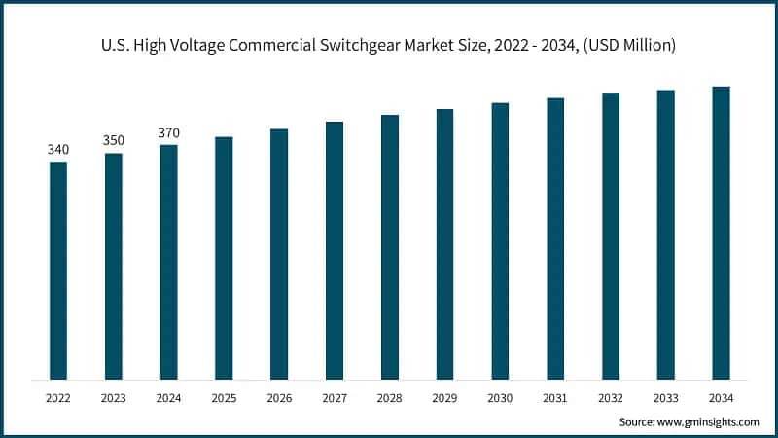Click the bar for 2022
click(x=58, y=270)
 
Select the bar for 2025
click(x=224, y=258)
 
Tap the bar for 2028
click(x=390, y=247)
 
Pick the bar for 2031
click(x=555, y=238)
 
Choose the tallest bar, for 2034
click(x=721, y=233)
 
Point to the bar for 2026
click(x=279, y=254)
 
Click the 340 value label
click(x=58, y=149)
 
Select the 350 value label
click(x=114, y=140)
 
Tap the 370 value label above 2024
click(x=169, y=132)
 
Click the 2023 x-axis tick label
click(x=114, y=398)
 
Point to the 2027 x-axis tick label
click(x=335, y=398)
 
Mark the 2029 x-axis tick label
click(x=444, y=398)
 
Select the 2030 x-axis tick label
click(x=500, y=398)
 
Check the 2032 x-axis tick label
click(x=611, y=398)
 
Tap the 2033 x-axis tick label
click(x=665, y=398)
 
